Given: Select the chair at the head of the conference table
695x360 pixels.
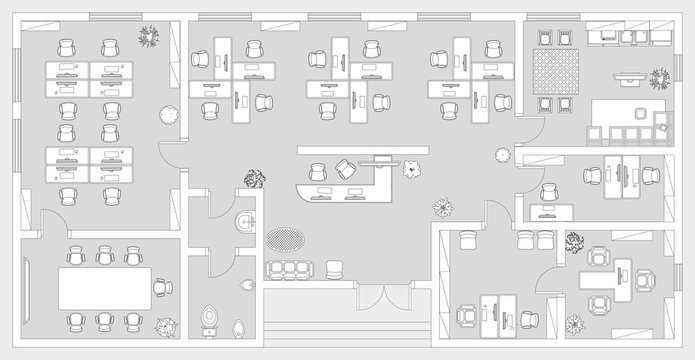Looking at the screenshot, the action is click(159, 288).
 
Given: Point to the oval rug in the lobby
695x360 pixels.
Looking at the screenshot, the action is click(285, 239).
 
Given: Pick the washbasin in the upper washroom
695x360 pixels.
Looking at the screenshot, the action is click(241, 221).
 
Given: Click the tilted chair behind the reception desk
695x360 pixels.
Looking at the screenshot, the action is click(344, 168).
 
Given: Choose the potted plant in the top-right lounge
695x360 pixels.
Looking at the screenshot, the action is click(659, 77).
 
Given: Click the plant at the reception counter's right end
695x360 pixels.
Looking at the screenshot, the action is click(413, 167).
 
